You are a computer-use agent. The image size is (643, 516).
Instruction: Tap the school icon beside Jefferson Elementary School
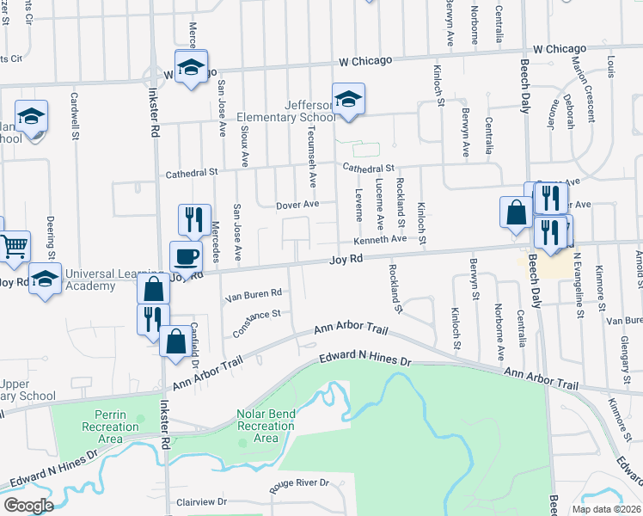click(348, 101)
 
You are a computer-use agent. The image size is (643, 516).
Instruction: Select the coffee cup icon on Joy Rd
click(186, 256)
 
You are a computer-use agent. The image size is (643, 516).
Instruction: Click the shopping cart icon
click(15, 247)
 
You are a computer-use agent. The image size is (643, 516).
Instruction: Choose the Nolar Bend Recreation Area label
click(266, 426)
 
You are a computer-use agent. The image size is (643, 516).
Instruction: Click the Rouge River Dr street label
click(301, 483)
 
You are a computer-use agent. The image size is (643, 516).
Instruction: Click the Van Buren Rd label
click(254, 294)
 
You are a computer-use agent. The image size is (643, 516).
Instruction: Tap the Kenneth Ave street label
click(380, 238)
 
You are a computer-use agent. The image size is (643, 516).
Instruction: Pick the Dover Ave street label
click(297, 205)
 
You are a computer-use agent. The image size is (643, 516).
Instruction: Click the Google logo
click(28, 506)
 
